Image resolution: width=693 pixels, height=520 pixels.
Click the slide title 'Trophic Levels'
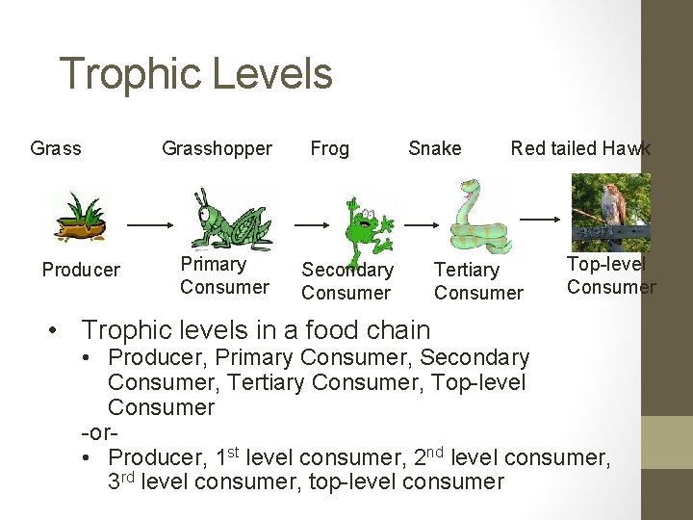tap(195, 74)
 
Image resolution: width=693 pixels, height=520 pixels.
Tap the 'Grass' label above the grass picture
tap(56, 148)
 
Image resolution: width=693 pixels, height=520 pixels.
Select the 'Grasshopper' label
tap(217, 148)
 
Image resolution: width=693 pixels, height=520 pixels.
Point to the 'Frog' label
tap(329, 148)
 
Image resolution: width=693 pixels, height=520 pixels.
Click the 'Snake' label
tap(434, 148)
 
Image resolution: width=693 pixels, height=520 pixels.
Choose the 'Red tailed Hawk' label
tap(580, 148)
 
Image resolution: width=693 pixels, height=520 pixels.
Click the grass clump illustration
tap(83, 216)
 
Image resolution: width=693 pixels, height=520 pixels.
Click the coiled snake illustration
tap(477, 218)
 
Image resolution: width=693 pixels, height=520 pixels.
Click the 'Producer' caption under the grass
tap(81, 270)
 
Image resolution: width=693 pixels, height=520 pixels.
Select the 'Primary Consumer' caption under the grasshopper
tap(224, 275)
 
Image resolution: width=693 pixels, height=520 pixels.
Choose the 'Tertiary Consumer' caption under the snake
tap(478, 281)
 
